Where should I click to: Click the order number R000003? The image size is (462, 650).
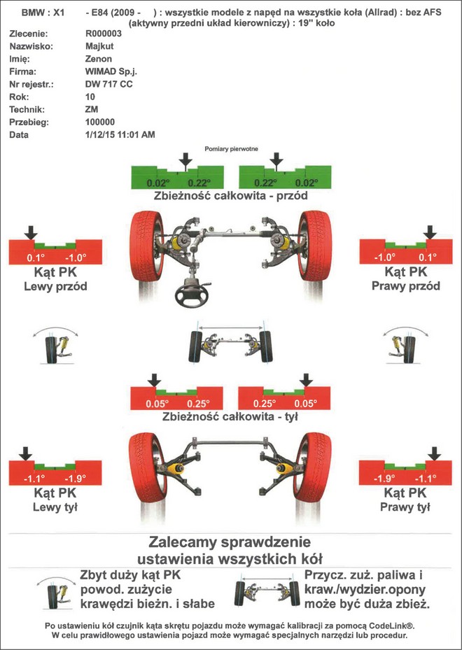click(103, 34)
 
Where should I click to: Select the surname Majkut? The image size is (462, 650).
click(99, 46)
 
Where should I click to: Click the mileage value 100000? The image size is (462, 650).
click(100, 122)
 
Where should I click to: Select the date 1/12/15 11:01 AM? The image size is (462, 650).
click(120, 134)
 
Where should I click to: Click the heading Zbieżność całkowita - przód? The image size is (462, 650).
click(230, 196)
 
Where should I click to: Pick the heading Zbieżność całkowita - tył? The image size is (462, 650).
click(230, 416)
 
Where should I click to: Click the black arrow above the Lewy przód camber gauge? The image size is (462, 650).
click(30, 232)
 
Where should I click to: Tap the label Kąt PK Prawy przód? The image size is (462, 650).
click(405, 278)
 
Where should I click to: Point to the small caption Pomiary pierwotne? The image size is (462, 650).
click(230, 149)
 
